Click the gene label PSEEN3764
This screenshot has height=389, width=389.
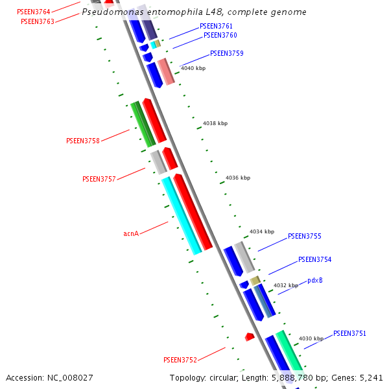[33, 12]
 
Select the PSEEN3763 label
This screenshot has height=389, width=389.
[38, 21]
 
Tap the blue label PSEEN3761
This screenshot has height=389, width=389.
[216, 26]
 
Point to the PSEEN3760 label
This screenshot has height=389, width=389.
[220, 35]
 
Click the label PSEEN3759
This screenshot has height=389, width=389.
[227, 53]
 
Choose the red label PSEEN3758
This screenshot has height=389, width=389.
[83, 141]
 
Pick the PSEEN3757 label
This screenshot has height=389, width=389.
[99, 179]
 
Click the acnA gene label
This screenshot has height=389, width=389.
[131, 233]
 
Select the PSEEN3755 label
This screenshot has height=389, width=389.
[305, 237]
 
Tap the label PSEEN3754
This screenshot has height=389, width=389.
[315, 259]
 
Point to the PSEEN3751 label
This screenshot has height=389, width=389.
[350, 333]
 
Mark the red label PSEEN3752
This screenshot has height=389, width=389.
[180, 360]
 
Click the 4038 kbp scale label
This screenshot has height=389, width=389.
[215, 123]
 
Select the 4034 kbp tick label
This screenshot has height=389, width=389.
[262, 231]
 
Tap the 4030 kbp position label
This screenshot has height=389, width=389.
[311, 338]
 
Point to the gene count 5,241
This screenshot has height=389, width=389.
[371, 377]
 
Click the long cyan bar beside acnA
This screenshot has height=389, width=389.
[182, 216]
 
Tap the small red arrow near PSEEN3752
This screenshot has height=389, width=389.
[250, 336]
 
